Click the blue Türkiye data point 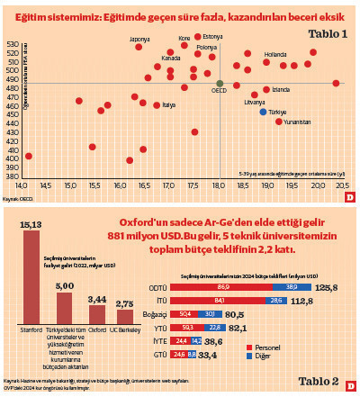pos(263,112)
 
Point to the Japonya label pos(139,40)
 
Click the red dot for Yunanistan pos(279,121)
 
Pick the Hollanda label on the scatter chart pos(274,54)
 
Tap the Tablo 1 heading pos(328,33)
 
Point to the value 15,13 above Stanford pos(31,224)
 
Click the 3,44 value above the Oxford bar pos(96,298)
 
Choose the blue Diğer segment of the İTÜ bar pos(274,301)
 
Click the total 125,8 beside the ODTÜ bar pos(326,287)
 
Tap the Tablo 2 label pos(320,381)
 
